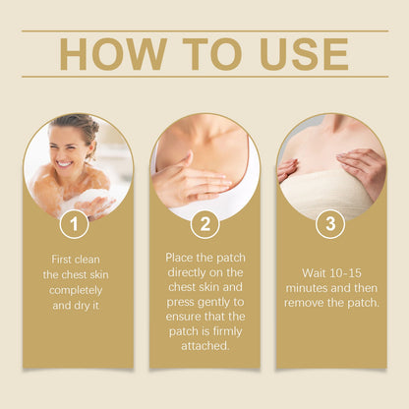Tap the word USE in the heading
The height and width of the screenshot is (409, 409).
[x=304, y=54]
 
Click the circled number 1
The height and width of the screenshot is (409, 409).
[x=75, y=224]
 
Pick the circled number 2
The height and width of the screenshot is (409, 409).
[x=205, y=224]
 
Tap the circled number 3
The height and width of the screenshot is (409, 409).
[x=330, y=224]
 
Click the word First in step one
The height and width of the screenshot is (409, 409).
[x=61, y=260]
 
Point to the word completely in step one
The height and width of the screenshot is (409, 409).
[x=76, y=290]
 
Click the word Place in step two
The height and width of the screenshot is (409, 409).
[x=179, y=258]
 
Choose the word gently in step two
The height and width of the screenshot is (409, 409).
[x=212, y=303]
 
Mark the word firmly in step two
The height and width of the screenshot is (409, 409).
[x=227, y=331]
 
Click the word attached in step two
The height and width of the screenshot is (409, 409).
[x=204, y=346]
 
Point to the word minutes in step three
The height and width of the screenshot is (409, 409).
[x=307, y=288]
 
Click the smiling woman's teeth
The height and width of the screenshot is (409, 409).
[x=65, y=163]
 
